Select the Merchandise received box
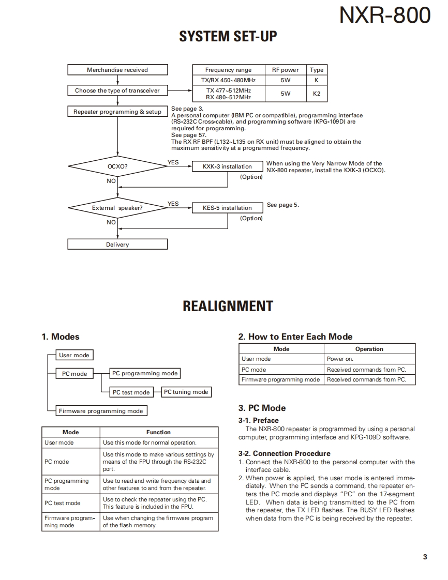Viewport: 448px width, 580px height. click(x=117, y=70)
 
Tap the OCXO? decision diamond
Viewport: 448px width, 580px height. click(x=117, y=167)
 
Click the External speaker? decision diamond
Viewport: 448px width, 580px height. click(x=117, y=208)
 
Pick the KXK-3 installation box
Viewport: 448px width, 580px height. click(x=227, y=166)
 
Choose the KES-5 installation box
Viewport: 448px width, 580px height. click(x=227, y=208)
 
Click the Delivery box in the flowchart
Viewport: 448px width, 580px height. click(x=117, y=245)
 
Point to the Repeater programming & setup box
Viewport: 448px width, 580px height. click(x=117, y=112)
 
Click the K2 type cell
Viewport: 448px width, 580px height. click(x=317, y=94)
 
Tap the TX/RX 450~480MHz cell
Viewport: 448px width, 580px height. click(x=228, y=80)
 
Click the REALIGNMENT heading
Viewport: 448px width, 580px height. click(x=228, y=306)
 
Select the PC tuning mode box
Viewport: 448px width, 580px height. click(x=186, y=392)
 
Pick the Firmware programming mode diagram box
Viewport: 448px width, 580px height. click(x=101, y=411)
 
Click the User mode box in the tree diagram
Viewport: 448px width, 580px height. click(x=74, y=355)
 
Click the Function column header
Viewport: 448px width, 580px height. click(x=158, y=432)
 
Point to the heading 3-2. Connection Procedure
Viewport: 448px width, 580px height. click(x=284, y=453)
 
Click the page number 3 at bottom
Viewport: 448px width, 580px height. click(x=425, y=557)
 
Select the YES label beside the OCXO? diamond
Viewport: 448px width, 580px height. click(x=173, y=162)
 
